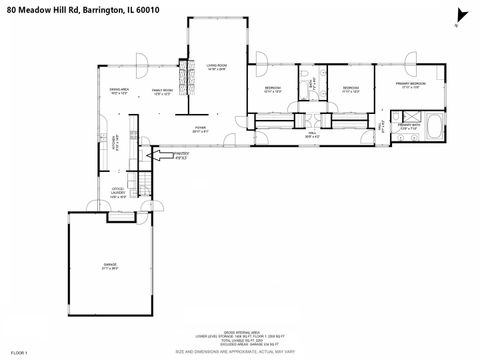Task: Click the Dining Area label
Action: click(x=120, y=92)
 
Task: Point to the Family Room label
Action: click(x=162, y=92)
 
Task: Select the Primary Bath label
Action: click(x=409, y=127)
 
